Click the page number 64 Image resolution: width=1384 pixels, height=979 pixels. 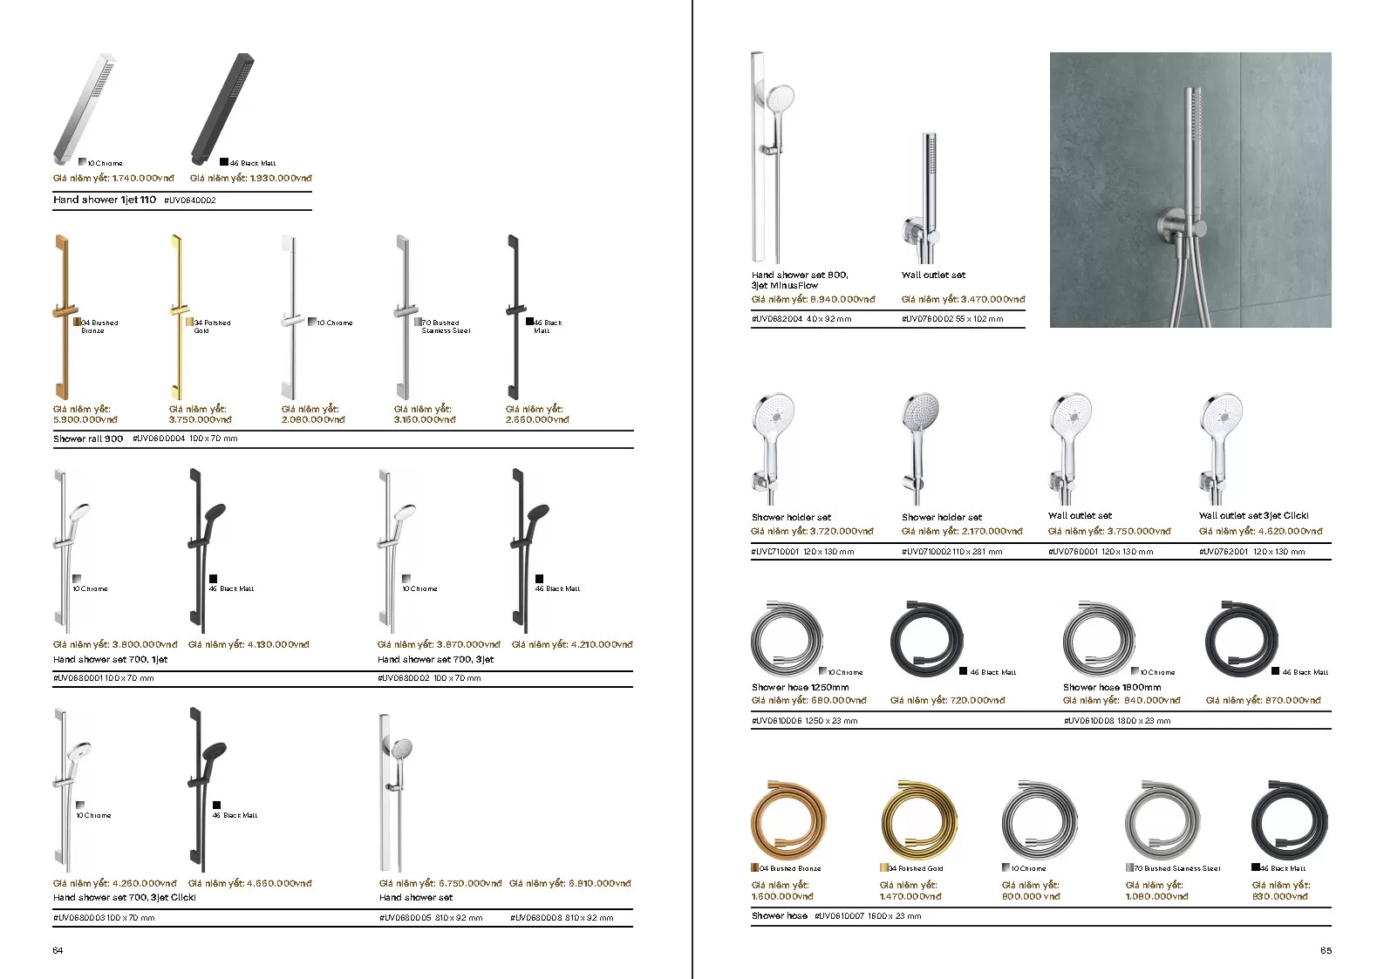click(58, 950)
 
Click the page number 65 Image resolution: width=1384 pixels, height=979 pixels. click(1326, 950)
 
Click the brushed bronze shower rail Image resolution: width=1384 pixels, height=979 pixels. click(61, 316)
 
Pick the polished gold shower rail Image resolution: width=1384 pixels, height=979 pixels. click(178, 316)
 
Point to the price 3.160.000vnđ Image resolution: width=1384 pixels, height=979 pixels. click(425, 419)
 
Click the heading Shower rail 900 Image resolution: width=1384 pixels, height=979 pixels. click(88, 439)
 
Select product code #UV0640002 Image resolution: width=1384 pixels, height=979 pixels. click(190, 201)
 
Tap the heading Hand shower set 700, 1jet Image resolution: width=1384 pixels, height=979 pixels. click(110, 659)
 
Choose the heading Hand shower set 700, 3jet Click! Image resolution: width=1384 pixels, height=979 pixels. click(125, 897)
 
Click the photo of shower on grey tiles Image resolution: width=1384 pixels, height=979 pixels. click(1190, 190)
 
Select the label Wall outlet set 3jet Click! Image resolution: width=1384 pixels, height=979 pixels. click(1253, 516)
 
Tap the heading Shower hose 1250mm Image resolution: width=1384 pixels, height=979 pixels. click(800, 687)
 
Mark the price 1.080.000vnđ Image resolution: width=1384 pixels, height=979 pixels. click(1156, 896)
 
